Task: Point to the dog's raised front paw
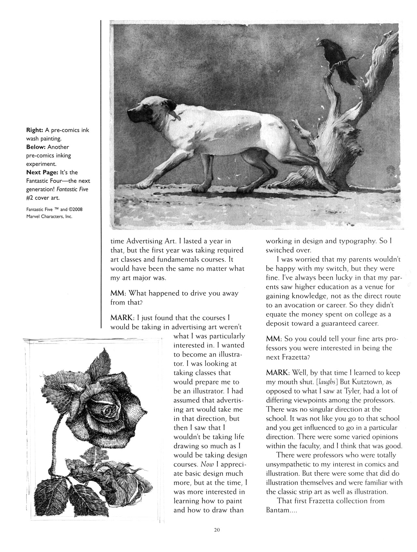coord(142,184)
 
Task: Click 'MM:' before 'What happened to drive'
coord(120,293)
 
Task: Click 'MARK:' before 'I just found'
coord(122,317)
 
